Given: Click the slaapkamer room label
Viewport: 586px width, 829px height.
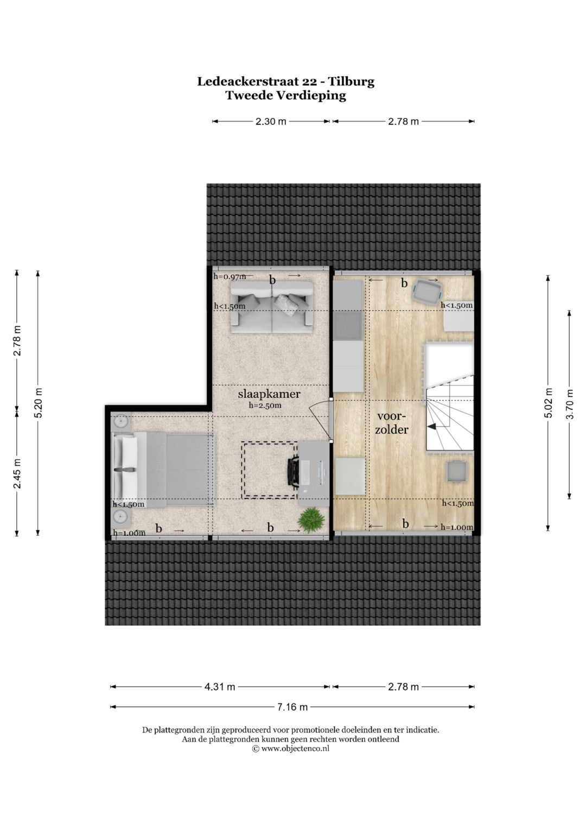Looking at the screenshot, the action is click(269, 394).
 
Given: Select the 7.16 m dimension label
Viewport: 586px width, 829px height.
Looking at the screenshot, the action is click(292, 707).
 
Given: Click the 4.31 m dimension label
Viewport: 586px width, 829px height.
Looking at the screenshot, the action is click(220, 687).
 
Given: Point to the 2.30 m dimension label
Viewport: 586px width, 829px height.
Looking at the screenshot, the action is click(271, 122).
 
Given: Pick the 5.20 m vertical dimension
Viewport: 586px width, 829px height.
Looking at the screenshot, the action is click(38, 403).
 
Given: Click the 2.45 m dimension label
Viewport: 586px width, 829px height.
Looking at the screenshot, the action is click(17, 473).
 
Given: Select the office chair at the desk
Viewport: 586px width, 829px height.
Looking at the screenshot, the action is click(292, 472).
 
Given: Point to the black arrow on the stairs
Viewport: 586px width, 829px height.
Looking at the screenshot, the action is click(431, 427).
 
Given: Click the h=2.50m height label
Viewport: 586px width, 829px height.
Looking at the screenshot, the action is click(265, 405).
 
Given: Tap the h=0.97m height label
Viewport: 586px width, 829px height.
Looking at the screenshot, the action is click(230, 276).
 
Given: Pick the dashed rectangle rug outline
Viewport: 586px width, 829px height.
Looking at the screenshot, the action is click(269, 470).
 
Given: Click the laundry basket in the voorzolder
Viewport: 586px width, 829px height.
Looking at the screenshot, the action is click(426, 292).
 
